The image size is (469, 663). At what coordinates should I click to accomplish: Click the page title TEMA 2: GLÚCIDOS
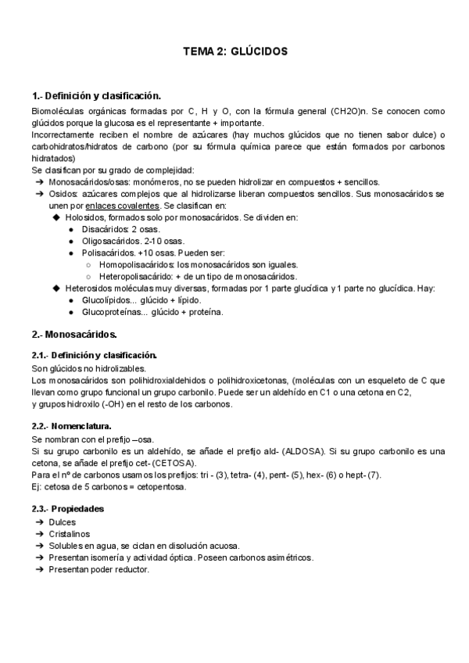[235, 51]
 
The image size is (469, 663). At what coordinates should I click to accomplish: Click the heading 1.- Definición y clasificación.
[96, 96]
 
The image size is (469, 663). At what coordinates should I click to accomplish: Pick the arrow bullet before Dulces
[39, 521]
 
